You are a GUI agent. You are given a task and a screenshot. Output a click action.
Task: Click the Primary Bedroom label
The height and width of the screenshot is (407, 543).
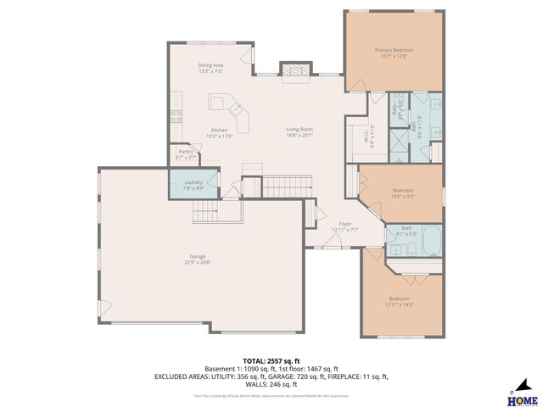tap(394, 50)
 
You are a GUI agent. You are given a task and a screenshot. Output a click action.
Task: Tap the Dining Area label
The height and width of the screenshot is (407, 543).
tap(210, 65)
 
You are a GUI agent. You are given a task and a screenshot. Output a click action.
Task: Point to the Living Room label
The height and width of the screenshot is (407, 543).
tap(299, 130)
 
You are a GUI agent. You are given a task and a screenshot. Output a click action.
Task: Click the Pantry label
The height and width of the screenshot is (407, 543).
tap(186, 152)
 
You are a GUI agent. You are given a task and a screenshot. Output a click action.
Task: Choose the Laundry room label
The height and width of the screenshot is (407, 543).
tap(193, 182)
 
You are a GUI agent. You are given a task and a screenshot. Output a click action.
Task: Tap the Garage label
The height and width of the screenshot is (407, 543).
tap(198, 256)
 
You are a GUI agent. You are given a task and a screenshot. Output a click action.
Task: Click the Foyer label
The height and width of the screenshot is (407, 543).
tap(345, 224)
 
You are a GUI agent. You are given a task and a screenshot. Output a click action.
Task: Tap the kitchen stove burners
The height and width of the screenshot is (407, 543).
tap(176, 116)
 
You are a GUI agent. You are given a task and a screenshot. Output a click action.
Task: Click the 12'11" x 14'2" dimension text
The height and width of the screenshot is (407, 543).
tap(399, 304)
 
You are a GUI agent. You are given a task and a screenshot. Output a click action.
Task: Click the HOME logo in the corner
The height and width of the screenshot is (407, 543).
tap(521, 395)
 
